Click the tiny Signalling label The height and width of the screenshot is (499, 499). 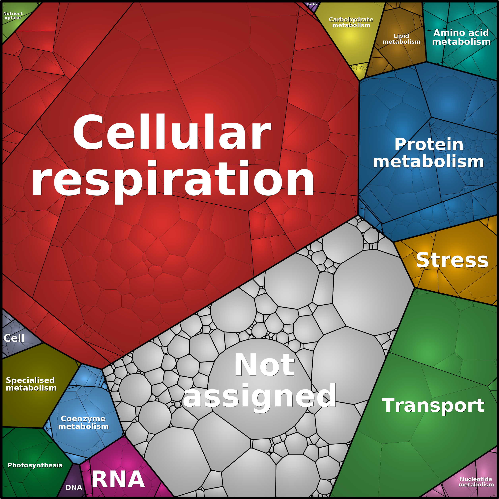point(312,4)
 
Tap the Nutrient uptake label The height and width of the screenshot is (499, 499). point(13,15)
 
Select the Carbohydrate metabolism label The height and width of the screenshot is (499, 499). point(351,22)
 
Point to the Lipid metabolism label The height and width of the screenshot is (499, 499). point(401,39)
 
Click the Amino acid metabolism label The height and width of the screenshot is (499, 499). point(461,37)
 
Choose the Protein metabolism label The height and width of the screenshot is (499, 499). point(428,153)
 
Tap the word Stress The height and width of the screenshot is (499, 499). point(452,260)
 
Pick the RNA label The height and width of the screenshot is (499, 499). point(118,479)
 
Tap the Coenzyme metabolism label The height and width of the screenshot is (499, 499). point(83,422)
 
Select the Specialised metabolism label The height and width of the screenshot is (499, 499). point(31,384)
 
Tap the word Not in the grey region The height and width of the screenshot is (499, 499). point(264,365)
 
